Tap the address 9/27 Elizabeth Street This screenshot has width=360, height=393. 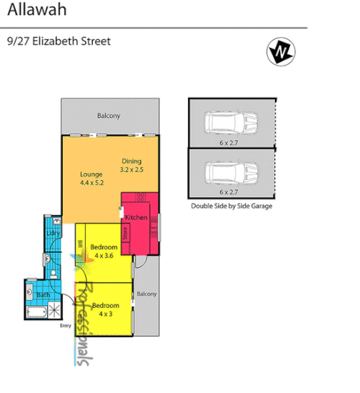59,41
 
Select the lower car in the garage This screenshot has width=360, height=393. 230,172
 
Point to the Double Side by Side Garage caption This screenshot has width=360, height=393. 231,206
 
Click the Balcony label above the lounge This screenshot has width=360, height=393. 109,116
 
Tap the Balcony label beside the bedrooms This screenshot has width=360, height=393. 146,294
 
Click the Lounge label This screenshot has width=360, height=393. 91,174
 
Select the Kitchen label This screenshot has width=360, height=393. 136,217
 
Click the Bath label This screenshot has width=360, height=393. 43,294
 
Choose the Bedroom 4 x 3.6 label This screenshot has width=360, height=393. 104,251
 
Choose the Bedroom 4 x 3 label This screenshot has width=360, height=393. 104,309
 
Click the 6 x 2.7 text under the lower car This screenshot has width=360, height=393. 229,192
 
